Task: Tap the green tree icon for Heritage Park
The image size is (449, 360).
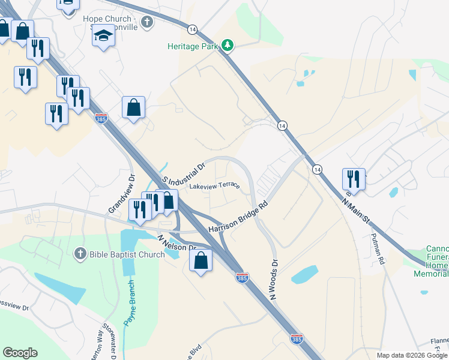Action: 228,45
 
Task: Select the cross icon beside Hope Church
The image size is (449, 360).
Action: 147,22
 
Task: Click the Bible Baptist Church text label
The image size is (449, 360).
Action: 127,254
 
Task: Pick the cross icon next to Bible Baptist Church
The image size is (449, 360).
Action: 80,254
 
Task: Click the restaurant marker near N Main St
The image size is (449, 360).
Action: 353,179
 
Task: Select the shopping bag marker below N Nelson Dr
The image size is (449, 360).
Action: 200,260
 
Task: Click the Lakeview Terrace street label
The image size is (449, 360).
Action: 214,186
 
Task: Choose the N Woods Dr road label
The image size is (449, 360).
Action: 274,280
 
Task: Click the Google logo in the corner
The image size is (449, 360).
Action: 20,353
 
